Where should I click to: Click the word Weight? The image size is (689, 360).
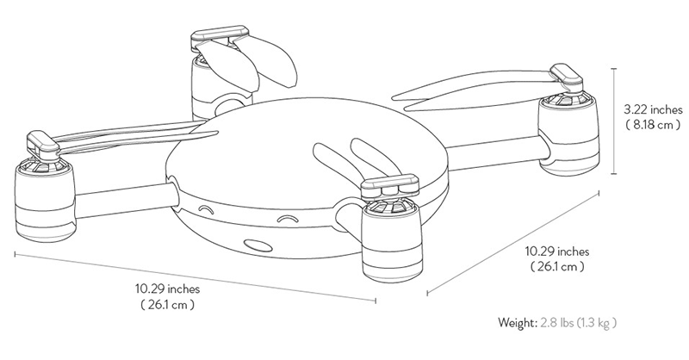click(x=517, y=324)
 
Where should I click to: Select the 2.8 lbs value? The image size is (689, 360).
click(x=556, y=324)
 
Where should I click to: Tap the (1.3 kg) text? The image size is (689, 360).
click(x=597, y=324)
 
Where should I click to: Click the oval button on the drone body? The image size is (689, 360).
click(x=256, y=245)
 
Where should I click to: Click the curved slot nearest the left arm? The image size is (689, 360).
click(x=204, y=209)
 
